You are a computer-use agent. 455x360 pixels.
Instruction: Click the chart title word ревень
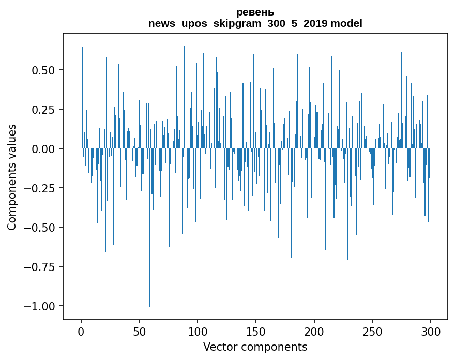click(255, 12)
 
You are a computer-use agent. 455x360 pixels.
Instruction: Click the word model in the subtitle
click(346, 23)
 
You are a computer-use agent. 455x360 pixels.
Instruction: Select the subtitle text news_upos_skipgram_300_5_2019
click(238, 23)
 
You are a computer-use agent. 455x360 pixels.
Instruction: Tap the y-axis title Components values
click(11, 177)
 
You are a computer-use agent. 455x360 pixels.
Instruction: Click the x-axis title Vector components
click(255, 347)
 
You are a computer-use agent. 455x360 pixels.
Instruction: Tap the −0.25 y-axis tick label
click(40, 188)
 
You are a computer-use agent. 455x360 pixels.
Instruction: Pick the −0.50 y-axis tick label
click(40, 227)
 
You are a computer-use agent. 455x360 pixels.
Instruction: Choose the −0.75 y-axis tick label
click(40, 267)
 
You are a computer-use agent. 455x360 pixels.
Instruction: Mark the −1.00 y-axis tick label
click(40, 306)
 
